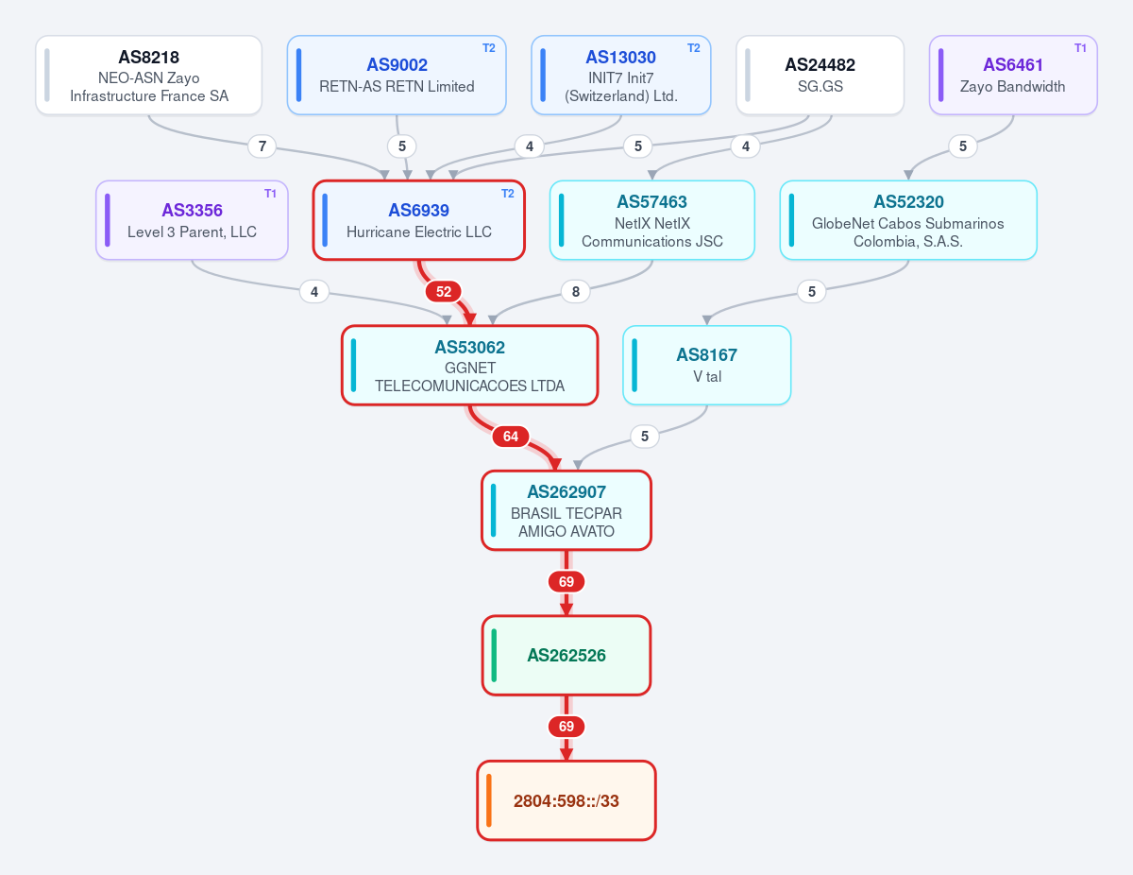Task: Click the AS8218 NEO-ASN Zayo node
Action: click(x=148, y=76)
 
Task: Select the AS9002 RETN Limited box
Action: click(x=397, y=76)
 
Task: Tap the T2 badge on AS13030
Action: click(x=693, y=48)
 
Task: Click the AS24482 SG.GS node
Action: click(x=820, y=76)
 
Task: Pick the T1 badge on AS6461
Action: click(x=1080, y=48)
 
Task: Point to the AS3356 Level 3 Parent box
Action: click(x=192, y=220)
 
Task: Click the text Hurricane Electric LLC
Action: click(x=419, y=232)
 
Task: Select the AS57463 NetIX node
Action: click(x=652, y=220)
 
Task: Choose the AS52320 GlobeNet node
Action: click(x=908, y=220)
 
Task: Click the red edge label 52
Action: click(x=443, y=291)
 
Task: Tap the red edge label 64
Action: click(x=511, y=437)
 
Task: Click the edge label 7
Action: click(x=262, y=146)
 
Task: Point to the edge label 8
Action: click(x=576, y=291)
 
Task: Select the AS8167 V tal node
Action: click(x=707, y=366)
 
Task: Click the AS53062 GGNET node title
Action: click(x=470, y=348)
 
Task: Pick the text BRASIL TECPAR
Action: click(x=566, y=513)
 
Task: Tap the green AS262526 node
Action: click(x=566, y=656)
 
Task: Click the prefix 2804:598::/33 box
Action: click(x=566, y=800)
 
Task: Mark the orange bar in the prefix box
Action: click(x=489, y=800)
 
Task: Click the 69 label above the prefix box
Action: click(x=566, y=727)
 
